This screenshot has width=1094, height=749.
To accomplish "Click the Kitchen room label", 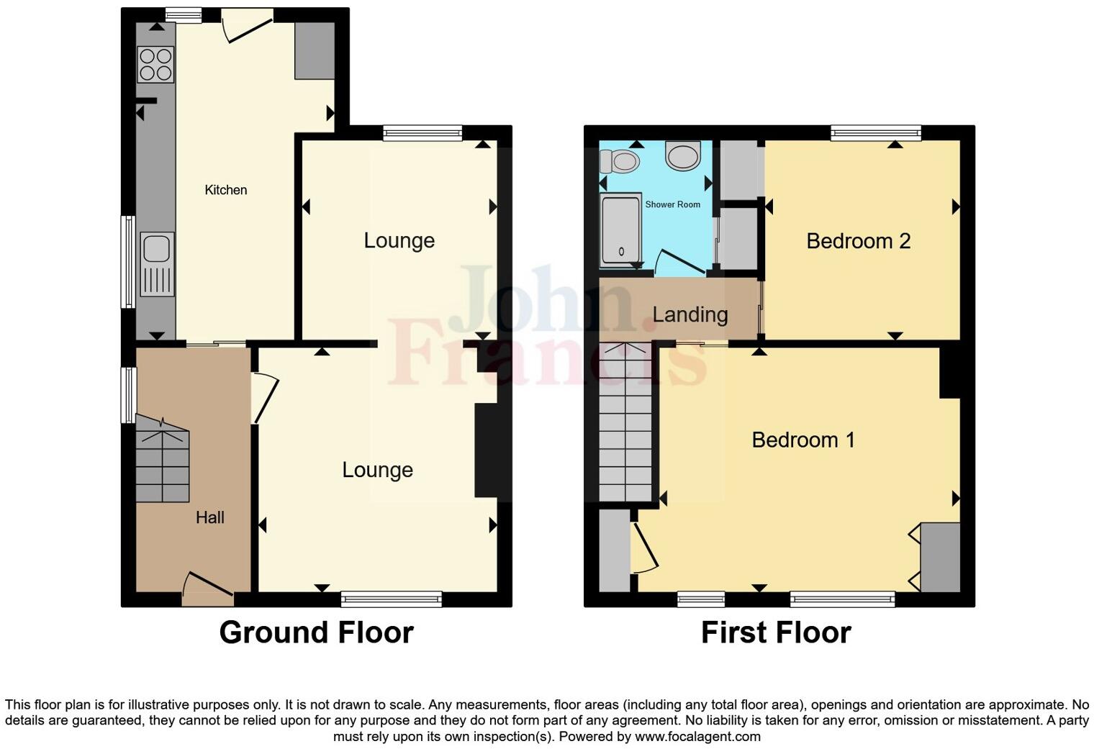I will click(x=225, y=190).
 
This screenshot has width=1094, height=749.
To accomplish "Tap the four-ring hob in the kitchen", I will click(x=155, y=64).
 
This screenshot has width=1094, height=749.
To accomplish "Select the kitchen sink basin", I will click(x=156, y=249).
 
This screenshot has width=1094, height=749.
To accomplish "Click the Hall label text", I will click(x=210, y=517).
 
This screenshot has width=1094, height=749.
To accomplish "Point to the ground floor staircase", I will click(x=163, y=460).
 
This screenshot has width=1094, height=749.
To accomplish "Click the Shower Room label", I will click(x=672, y=204).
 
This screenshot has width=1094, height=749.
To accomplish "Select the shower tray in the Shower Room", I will click(x=620, y=230).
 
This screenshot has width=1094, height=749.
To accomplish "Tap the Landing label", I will click(x=690, y=314).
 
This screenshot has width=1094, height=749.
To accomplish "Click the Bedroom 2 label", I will click(x=858, y=241).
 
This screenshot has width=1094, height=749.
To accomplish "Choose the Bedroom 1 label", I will click(x=803, y=440).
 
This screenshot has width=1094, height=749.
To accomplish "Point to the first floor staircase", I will click(x=625, y=425).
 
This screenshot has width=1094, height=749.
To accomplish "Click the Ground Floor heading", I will click(x=316, y=632).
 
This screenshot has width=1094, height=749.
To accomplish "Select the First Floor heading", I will click(x=776, y=632).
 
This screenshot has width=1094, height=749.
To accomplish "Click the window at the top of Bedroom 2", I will click(x=875, y=132).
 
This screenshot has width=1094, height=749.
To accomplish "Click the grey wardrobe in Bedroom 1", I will click(x=940, y=557).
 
